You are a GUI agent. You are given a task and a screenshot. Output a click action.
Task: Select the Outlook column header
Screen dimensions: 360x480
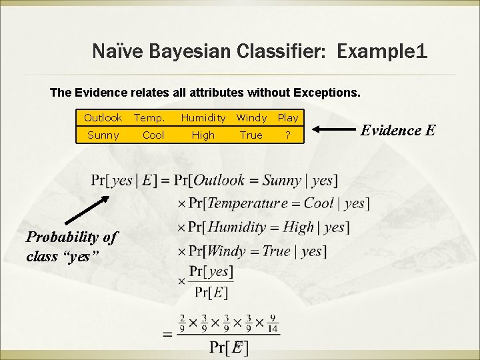(103, 118)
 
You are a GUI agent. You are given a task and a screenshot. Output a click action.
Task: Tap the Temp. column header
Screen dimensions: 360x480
(150, 118)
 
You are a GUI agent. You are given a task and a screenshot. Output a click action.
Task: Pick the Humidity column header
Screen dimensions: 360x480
(203, 118)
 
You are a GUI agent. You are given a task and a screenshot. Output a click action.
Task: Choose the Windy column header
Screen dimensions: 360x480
(251, 118)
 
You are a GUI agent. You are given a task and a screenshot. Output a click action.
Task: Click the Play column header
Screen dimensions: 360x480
(288, 118)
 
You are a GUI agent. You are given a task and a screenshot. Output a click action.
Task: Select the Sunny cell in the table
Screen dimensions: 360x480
(103, 135)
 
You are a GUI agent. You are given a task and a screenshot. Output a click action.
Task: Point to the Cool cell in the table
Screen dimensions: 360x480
(153, 135)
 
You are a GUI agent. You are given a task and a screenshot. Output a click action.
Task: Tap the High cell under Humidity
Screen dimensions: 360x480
(203, 135)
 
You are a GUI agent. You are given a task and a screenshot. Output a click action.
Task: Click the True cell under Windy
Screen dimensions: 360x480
(251, 135)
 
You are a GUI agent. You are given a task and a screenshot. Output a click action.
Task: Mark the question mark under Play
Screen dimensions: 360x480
(288, 135)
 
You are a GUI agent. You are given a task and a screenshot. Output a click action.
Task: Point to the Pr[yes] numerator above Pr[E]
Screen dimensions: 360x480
(211, 271)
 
